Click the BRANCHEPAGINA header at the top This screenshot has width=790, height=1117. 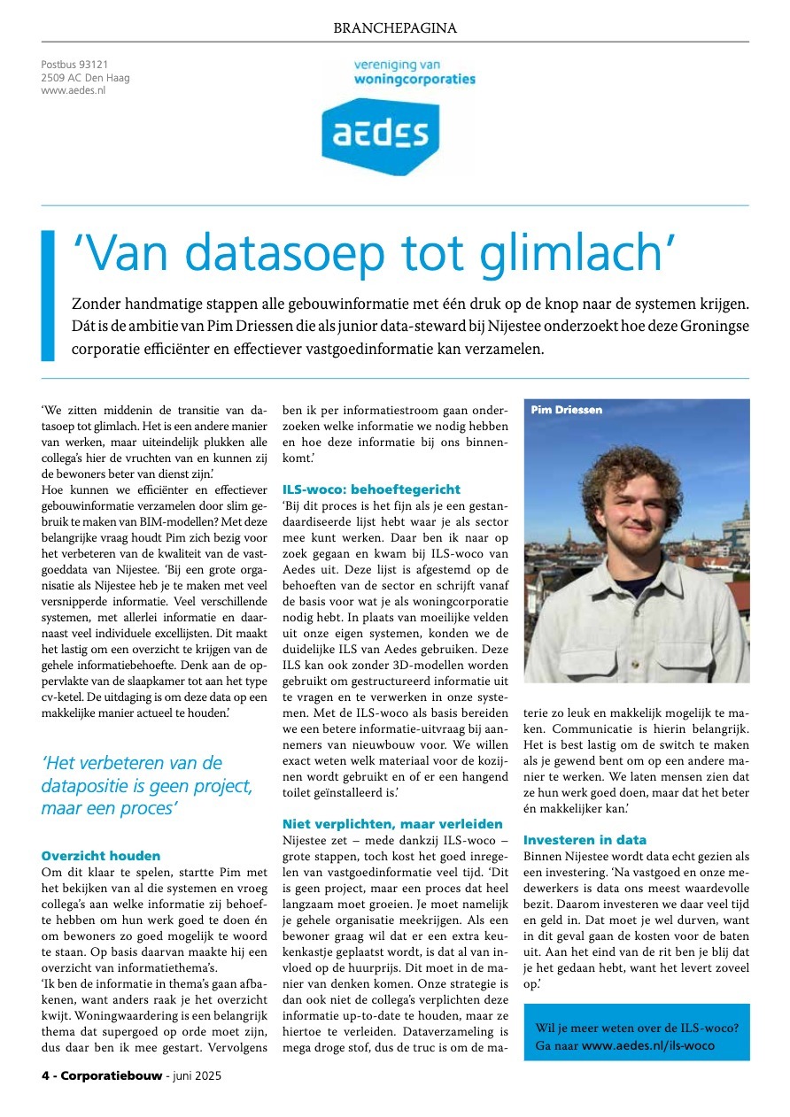tap(395, 28)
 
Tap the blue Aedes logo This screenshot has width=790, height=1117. tap(379, 135)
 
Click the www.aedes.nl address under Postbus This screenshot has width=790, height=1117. tap(74, 90)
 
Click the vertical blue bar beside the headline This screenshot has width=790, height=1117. tap(48, 296)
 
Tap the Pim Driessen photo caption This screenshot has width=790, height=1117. tap(567, 410)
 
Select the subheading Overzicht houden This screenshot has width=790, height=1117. tap(101, 856)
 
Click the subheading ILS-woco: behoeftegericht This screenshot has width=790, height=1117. tap(371, 489)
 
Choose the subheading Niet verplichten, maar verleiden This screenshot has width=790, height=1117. tap(392, 824)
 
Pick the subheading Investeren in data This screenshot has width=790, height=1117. tap(585, 840)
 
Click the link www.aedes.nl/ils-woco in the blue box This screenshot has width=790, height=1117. tap(648, 1045)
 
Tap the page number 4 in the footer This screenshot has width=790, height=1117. tap(45, 1076)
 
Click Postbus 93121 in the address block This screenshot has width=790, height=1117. tap(74, 65)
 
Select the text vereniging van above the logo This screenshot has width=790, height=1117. tap(397, 65)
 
